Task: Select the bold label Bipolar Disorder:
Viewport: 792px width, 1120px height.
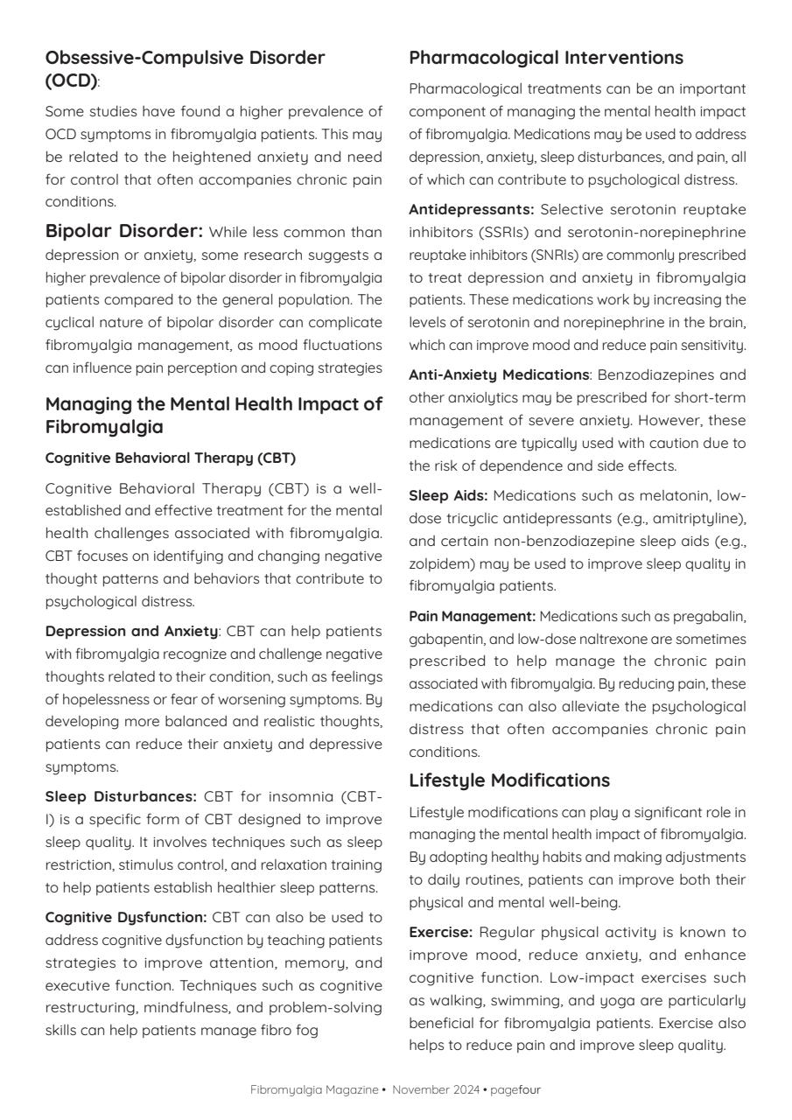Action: coord(123,232)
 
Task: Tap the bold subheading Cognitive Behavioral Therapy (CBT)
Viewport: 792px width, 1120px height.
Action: coord(170,458)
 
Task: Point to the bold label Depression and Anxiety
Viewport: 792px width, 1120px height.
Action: coord(131,631)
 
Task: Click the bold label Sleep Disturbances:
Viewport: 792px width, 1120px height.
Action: coord(121,796)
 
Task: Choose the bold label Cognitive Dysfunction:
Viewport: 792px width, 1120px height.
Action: coord(125,917)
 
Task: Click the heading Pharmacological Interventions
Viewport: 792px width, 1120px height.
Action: coord(546,58)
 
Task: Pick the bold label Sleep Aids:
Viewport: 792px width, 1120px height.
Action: coord(447,495)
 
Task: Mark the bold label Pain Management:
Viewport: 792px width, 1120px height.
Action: coord(472,616)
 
